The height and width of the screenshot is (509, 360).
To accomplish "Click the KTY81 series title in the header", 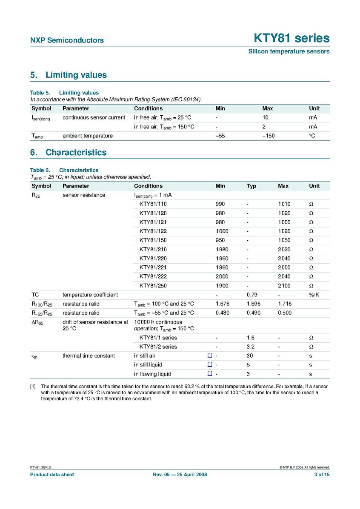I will coord(291,38).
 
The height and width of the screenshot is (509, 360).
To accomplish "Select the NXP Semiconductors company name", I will coord(67,40).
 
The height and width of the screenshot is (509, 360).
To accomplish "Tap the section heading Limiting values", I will coord(76,75).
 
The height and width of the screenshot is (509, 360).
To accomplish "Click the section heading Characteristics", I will coord(76,153).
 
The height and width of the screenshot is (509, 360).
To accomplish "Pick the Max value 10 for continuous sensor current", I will coord(266,117).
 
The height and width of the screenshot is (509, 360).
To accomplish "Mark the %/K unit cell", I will coord(314,295).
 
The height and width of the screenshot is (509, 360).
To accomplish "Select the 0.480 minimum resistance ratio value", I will coord(223,313).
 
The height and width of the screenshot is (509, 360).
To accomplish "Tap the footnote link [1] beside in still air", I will coord(210,355).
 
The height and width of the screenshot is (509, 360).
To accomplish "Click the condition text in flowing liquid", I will coord(152,374).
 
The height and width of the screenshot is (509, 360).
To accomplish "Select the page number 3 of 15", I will coord(321,475).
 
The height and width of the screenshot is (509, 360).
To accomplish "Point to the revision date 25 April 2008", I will coord(191,475).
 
